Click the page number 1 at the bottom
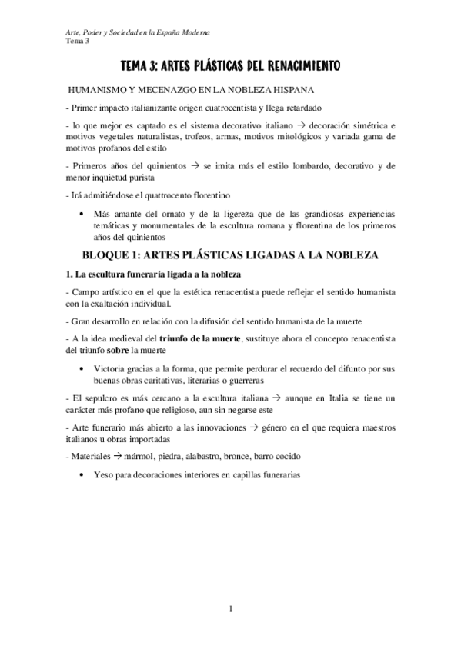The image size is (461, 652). [x=231, y=610]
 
